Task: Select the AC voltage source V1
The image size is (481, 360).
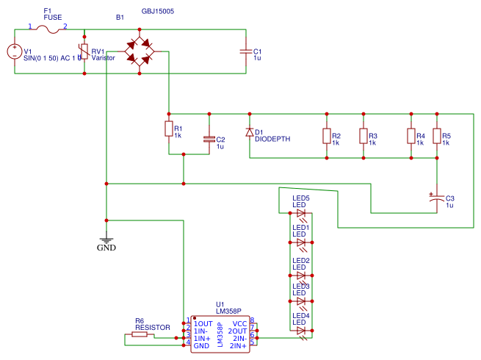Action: click(15, 51)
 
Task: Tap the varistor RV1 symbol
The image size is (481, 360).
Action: click(85, 51)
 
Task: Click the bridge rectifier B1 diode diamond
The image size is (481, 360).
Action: click(140, 51)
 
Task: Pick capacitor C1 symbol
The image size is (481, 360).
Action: click(246, 51)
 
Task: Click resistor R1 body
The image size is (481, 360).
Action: click(169, 129)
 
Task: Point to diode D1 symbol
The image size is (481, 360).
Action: click(250, 133)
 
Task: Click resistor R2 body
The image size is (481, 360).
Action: click(327, 136)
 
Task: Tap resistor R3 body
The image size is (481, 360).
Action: click(363, 136)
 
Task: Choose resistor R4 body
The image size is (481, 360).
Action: click(411, 136)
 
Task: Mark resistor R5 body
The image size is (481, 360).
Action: click(437, 136)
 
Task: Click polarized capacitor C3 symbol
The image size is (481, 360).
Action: click(437, 198)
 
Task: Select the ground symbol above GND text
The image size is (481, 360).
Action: click(106, 238)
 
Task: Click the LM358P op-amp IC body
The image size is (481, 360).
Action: click(220, 334)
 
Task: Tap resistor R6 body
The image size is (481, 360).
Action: click(140, 335)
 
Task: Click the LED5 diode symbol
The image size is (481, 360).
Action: click(301, 214)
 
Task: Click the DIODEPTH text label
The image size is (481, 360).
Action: click(272, 139)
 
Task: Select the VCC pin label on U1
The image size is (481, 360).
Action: click(240, 324)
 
